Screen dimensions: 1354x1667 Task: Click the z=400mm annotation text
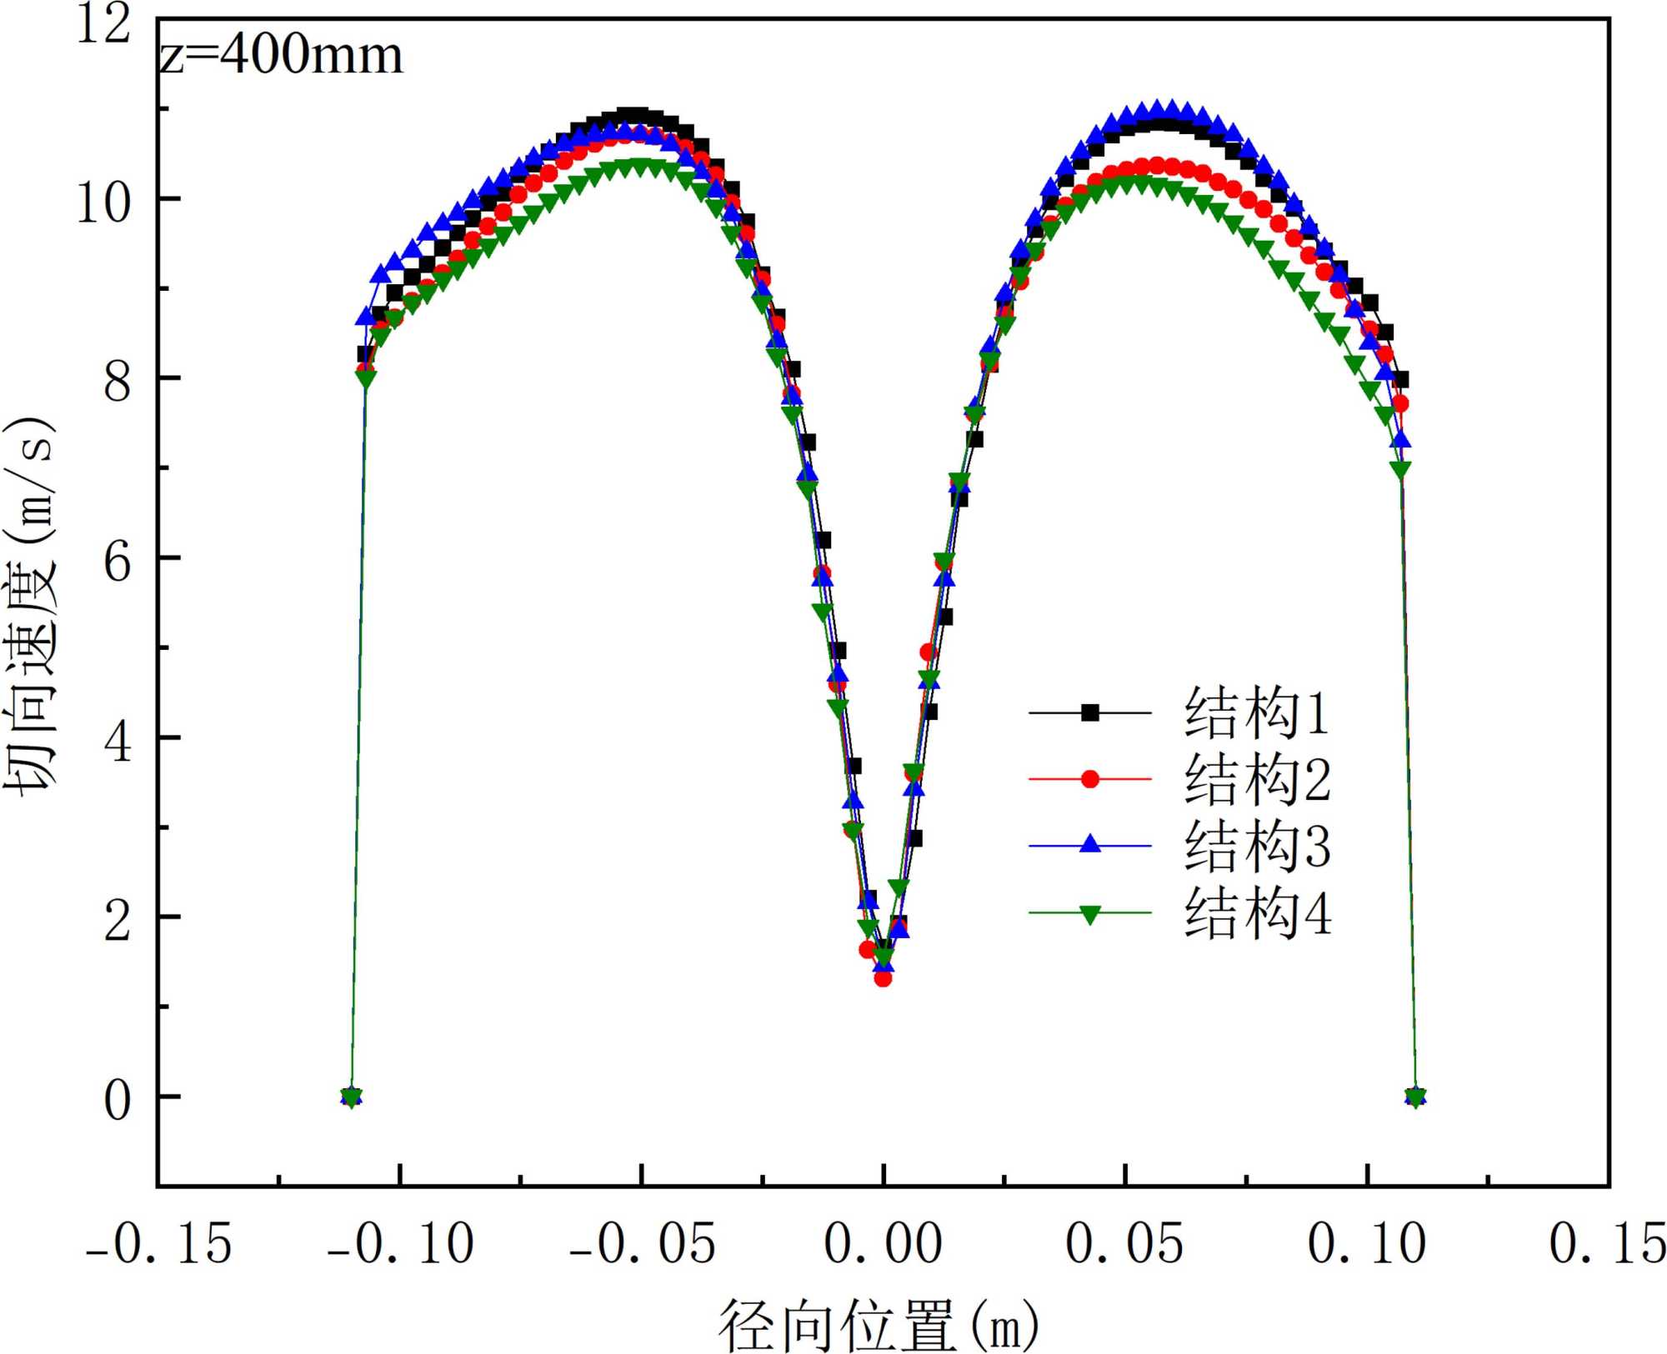pyautogui.click(x=281, y=57)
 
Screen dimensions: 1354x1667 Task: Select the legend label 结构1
pyautogui.click(x=1256, y=713)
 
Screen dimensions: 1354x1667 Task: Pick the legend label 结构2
pyautogui.click(x=1256, y=780)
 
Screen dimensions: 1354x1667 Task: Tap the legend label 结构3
pyautogui.click(x=1256, y=847)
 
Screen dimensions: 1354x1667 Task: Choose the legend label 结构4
pyautogui.click(x=1256, y=913)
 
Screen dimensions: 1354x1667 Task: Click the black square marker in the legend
pyautogui.click(x=1089, y=713)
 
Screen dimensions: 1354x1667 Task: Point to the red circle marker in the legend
pyautogui.click(x=1089, y=779)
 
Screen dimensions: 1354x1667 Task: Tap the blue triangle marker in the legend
pyautogui.click(x=1089, y=845)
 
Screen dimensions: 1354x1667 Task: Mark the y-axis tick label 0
pyautogui.click(x=118, y=1100)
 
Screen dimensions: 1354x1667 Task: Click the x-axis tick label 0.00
pyautogui.click(x=883, y=1244)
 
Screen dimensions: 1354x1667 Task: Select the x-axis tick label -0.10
pyautogui.click(x=401, y=1244)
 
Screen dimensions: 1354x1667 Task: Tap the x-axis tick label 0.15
pyautogui.click(x=1607, y=1244)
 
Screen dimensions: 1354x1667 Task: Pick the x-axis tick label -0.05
pyautogui.click(x=643, y=1244)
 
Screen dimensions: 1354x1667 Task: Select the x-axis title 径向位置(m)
pyautogui.click(x=879, y=1326)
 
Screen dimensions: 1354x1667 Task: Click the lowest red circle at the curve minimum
pyautogui.click(x=883, y=978)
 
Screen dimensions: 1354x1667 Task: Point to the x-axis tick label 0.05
pyautogui.click(x=1124, y=1244)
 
